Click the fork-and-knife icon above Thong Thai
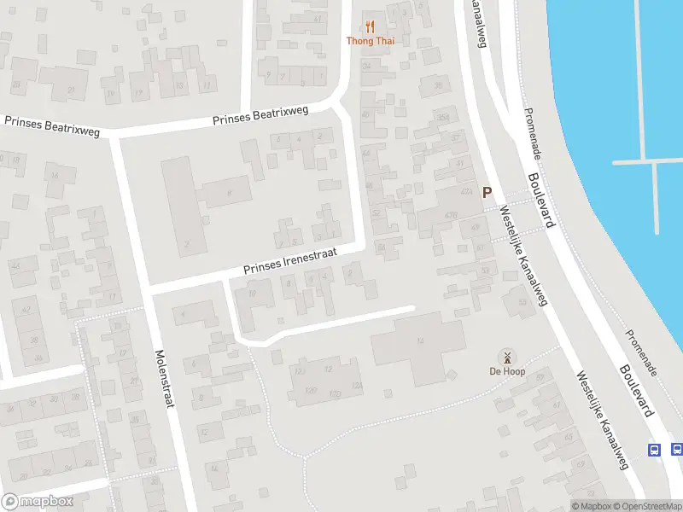pyautogui.click(x=370, y=26)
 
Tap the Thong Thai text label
pyautogui.click(x=370, y=40)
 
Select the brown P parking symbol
pyautogui.click(x=487, y=194)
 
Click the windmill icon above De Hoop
pyautogui.click(x=507, y=357)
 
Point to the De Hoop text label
pyautogui.click(x=507, y=371)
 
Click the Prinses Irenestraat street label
pyautogui.click(x=290, y=261)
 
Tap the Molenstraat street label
pyautogui.click(x=165, y=378)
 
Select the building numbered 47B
pyautogui.click(x=451, y=213)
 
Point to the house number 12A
pyautogui.click(x=299, y=373)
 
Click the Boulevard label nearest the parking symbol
pyautogui.click(x=543, y=201)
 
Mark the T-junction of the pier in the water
pyautogui.click(x=655, y=161)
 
